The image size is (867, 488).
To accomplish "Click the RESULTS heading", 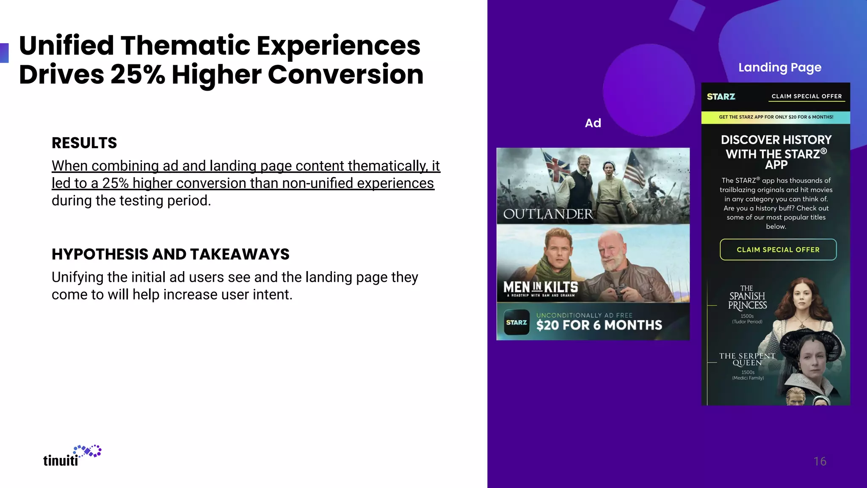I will tap(84, 143).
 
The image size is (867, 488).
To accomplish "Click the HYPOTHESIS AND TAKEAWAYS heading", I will tap(170, 254).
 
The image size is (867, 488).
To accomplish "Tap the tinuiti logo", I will tap(72, 456).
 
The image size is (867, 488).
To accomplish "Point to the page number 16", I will tap(820, 461).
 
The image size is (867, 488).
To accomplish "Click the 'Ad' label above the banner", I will tap(593, 123).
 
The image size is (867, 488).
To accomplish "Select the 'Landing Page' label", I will tap(780, 67).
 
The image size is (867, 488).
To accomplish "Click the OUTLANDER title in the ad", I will tap(548, 214).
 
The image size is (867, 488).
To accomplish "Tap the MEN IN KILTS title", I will tap(541, 288).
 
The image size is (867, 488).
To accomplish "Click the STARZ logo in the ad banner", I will tap(516, 322).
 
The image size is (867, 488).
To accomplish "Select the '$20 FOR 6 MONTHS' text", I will tap(599, 325).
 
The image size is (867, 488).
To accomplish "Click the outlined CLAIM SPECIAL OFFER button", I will tap(778, 250).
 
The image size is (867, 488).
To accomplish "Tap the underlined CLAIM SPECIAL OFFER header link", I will tap(806, 97).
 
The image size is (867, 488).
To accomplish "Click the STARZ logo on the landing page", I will tap(721, 97).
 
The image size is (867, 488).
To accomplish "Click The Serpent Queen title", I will tap(747, 359).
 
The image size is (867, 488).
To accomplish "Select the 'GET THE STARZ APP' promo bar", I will tap(776, 117).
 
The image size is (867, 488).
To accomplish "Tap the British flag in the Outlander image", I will tap(556, 166).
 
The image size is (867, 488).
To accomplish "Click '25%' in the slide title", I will tap(138, 75).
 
